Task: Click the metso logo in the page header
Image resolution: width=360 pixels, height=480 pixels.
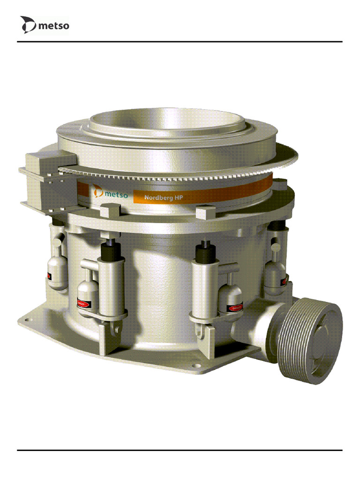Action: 44,25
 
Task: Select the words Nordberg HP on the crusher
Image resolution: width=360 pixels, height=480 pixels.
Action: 163,197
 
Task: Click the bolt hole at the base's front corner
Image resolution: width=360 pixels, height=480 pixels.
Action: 196,366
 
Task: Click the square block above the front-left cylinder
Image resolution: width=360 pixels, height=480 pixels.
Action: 108,211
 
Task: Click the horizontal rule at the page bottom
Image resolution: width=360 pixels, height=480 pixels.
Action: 180,450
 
